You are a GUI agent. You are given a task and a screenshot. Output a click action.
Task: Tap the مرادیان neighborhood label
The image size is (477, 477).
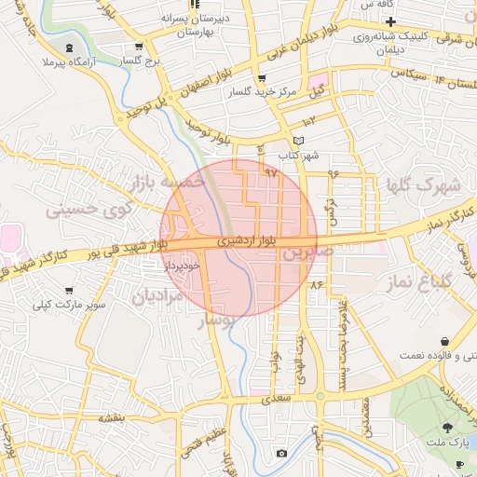click(157, 298)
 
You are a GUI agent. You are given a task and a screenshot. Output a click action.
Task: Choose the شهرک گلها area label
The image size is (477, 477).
click(424, 186)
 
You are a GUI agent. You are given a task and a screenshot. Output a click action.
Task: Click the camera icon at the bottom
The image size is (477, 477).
click(281, 454)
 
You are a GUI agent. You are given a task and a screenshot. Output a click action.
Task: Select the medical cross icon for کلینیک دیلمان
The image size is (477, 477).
click(391, 22)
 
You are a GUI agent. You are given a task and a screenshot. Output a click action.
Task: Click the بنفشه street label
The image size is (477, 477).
click(112, 418)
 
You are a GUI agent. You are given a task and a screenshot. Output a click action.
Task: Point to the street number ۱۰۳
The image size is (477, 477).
click(309, 120)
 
